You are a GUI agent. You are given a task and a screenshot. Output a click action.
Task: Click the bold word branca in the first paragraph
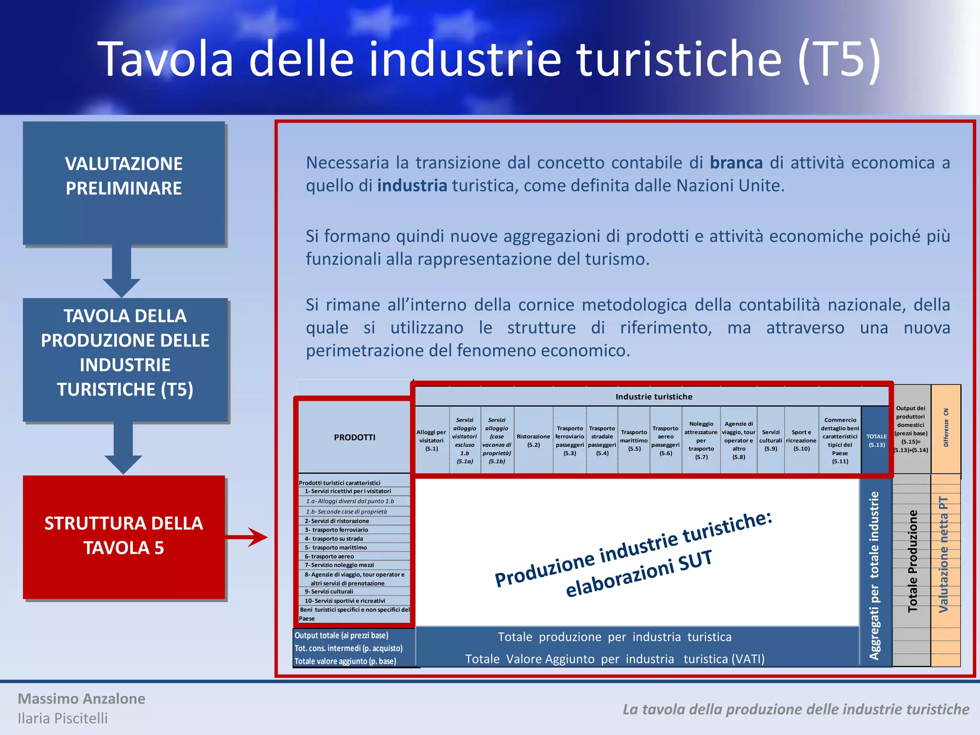736,163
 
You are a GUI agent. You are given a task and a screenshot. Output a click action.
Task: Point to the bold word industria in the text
412,186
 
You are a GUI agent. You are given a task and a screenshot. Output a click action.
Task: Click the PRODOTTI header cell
354,437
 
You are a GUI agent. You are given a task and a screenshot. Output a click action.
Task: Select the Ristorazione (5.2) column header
533,440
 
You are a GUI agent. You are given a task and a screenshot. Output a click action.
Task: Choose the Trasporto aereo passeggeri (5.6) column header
665,440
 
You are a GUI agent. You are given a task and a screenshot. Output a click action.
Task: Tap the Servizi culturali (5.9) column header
770,440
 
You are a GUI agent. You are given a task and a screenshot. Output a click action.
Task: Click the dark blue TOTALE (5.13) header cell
876,440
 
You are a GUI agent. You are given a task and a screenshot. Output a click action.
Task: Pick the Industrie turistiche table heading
654,397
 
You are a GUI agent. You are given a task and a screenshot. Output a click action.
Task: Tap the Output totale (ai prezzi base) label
341,635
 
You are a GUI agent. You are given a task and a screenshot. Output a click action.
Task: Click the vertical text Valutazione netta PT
943,555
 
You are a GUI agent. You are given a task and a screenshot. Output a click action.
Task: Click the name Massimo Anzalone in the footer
81,699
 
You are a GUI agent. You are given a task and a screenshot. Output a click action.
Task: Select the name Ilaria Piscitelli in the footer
63,718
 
